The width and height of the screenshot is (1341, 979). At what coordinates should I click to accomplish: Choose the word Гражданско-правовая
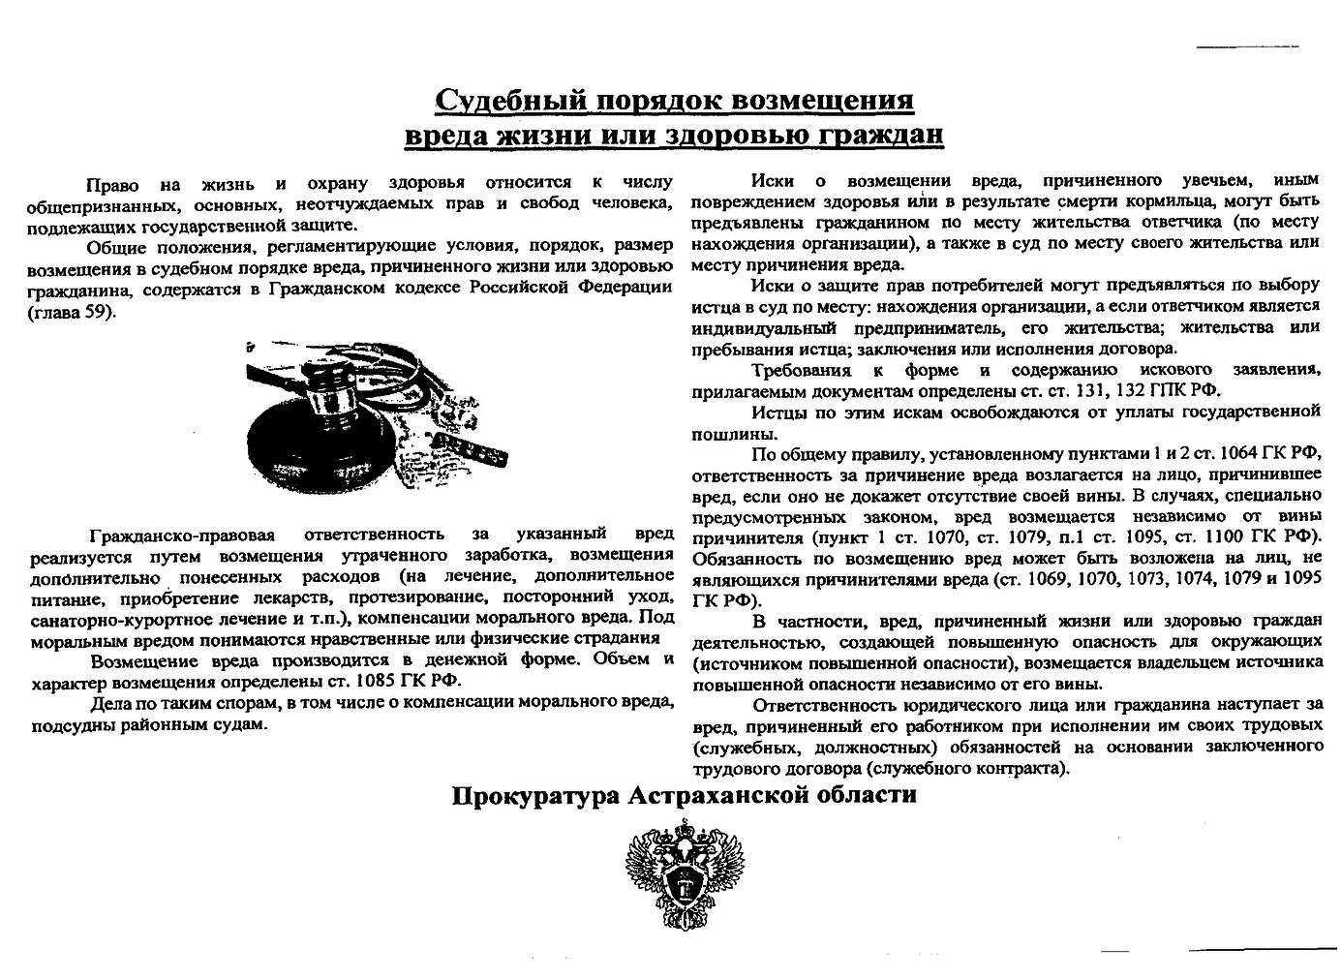point(183,535)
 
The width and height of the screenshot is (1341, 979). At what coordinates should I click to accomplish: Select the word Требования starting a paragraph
point(801,370)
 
